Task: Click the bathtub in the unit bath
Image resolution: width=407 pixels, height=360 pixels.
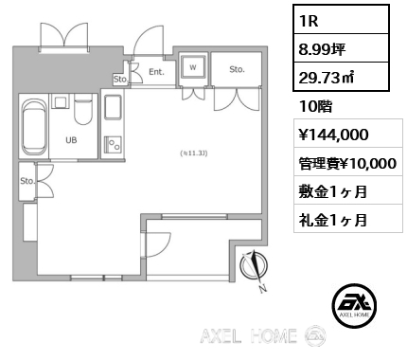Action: click(33, 127)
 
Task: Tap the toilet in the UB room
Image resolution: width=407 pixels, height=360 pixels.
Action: click(83, 110)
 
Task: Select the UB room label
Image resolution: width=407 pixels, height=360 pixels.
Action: click(71, 140)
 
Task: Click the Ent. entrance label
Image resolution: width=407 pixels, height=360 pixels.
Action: click(156, 72)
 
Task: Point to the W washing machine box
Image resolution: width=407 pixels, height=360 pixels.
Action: click(193, 67)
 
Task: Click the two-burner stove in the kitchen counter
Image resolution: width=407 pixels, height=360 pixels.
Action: click(113, 145)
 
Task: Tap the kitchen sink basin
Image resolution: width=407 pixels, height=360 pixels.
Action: click(113, 107)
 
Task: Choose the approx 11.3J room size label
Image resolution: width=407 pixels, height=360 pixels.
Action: click(194, 153)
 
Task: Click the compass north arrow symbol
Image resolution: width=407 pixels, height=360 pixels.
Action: click(255, 268)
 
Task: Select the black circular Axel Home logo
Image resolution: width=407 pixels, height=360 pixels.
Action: click(355, 305)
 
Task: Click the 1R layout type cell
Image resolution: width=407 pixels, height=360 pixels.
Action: click(341, 20)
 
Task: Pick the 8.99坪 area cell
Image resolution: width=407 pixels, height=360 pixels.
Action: click(341, 48)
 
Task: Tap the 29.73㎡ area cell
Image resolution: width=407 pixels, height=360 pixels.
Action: click(341, 77)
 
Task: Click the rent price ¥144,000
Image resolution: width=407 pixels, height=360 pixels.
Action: click(333, 135)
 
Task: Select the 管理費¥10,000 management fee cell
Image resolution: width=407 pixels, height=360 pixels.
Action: click(348, 162)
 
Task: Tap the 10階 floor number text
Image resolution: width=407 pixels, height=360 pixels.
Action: click(315, 106)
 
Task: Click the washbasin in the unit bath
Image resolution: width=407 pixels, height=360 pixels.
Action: click(60, 102)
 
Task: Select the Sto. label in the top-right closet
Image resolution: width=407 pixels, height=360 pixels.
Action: click(237, 69)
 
